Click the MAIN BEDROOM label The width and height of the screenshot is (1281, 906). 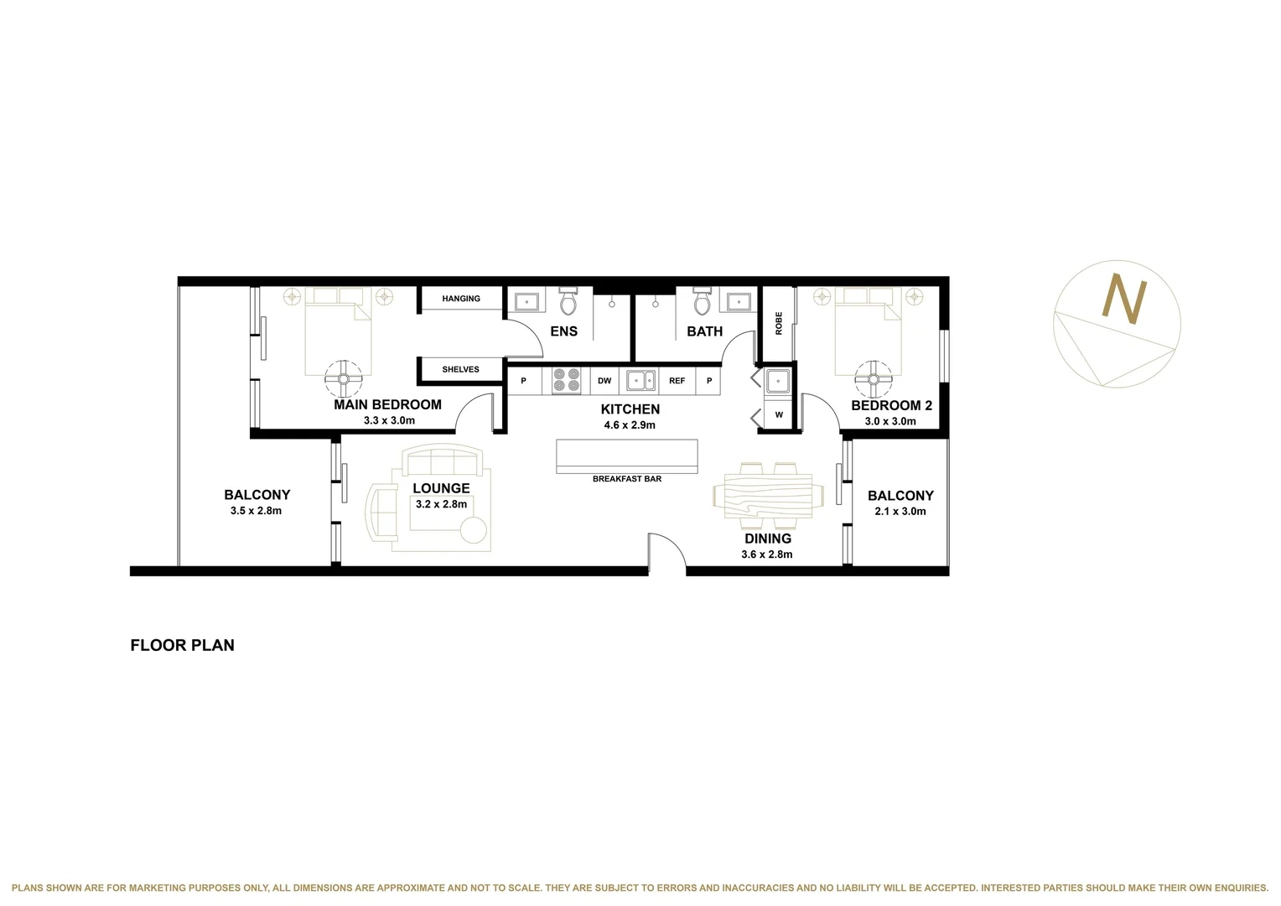[387, 404]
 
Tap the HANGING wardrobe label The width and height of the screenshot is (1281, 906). [461, 299]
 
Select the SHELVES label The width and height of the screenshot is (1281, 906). [460, 369]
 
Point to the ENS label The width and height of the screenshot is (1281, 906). [563, 331]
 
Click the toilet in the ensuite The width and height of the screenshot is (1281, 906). [568, 300]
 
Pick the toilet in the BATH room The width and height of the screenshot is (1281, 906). [702, 300]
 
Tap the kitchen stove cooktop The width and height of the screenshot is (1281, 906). [567, 381]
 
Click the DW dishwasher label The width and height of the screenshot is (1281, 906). [604, 381]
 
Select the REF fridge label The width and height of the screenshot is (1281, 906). [677, 381]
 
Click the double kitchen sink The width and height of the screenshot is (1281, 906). [641, 381]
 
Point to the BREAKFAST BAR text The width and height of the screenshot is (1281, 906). [627, 479]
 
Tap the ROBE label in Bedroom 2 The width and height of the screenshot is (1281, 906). [779, 323]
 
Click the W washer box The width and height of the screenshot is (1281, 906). [779, 414]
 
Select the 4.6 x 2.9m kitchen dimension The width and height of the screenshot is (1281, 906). [630, 425]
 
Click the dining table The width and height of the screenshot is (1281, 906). [763, 495]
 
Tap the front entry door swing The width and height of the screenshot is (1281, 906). [667, 553]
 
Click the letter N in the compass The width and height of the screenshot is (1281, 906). [1123, 299]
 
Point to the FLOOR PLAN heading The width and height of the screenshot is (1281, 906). [182, 645]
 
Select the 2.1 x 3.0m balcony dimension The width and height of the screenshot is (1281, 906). [900, 511]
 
